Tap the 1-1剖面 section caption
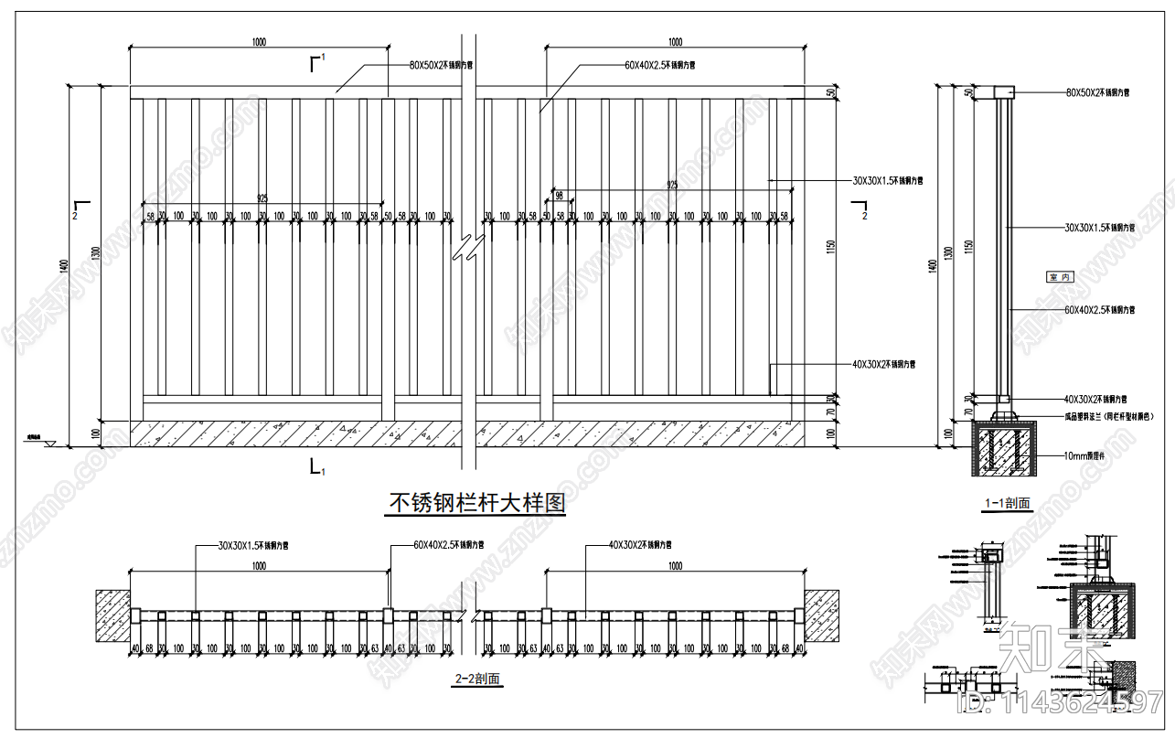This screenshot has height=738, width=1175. coord(1006,503)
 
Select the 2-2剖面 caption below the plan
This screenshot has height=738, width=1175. coord(477,679)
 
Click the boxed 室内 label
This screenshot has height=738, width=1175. coord(1060,276)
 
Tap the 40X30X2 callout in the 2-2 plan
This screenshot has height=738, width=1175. coord(640,545)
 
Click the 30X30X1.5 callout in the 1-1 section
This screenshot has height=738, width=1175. coord(1100,227)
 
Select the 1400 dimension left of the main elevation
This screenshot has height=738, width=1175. coord(63,265)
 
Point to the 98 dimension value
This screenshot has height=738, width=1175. coord(559,196)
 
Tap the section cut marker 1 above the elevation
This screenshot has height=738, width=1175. coord(317,61)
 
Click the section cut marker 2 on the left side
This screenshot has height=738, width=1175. coord(80,208)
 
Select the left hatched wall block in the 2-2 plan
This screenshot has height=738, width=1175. coord(112,615)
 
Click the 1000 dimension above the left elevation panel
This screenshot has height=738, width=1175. coord(258,42)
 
